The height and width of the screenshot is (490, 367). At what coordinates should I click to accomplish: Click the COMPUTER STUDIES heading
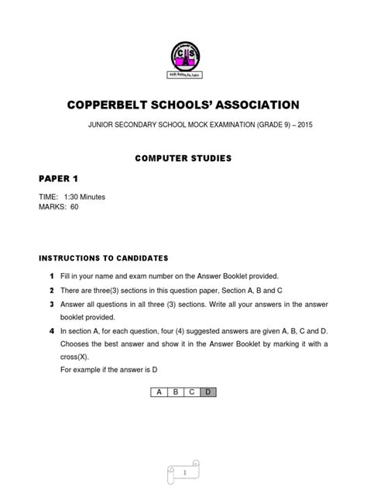click(183, 158)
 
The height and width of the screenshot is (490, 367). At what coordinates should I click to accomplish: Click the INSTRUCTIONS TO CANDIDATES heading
click(102, 257)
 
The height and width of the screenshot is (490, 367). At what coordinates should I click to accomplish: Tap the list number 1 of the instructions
click(52, 277)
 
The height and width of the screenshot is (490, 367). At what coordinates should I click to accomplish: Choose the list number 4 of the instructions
click(52, 331)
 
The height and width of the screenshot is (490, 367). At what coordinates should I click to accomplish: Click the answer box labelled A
click(159, 392)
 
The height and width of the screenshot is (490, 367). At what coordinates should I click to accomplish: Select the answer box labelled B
click(177, 392)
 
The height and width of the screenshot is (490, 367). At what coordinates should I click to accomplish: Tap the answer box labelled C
click(193, 392)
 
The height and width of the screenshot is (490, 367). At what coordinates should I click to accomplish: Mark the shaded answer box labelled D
click(209, 392)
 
